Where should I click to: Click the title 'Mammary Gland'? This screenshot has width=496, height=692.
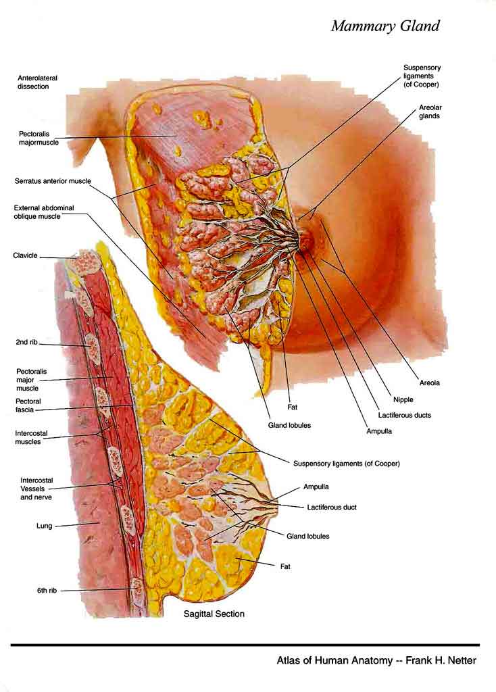pyautogui.click(x=385, y=26)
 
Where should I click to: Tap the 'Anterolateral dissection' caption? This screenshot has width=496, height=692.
pyautogui.click(x=38, y=82)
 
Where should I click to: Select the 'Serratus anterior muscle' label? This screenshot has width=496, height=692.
pyautogui.click(x=53, y=181)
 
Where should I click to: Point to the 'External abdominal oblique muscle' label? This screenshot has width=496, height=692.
pyautogui.click(x=44, y=212)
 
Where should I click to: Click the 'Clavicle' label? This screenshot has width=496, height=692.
pyautogui.click(x=25, y=255)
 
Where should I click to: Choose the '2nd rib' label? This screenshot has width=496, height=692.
pyautogui.click(x=26, y=342)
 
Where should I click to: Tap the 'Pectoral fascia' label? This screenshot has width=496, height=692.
pyautogui.click(x=28, y=405)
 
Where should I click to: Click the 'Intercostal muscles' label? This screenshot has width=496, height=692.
pyautogui.click(x=31, y=437)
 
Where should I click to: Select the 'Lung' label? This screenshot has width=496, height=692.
pyautogui.click(x=44, y=526)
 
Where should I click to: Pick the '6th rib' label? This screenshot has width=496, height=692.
pyautogui.click(x=47, y=590)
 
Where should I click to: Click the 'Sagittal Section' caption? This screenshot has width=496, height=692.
pyautogui.click(x=214, y=614)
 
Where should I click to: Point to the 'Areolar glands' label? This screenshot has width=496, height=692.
pyautogui.click(x=430, y=112)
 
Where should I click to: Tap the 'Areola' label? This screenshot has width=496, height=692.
pyautogui.click(x=429, y=382)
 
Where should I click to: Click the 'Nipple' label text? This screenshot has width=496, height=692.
pyautogui.click(x=403, y=399)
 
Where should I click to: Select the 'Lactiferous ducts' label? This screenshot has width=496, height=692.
pyautogui.click(x=405, y=416)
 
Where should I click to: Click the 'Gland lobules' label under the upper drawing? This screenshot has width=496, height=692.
pyautogui.click(x=289, y=425)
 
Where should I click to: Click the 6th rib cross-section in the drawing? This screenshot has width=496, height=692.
pyautogui.click(x=137, y=587)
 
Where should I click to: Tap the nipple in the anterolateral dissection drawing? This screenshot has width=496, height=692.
pyautogui.click(x=308, y=239)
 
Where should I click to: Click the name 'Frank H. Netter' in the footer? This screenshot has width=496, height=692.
pyautogui.click(x=441, y=661)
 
